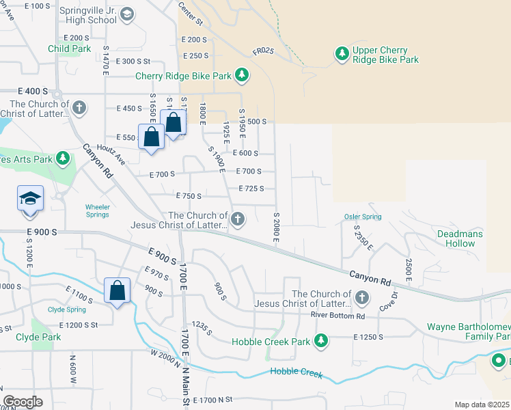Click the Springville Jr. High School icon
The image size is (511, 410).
(126, 14)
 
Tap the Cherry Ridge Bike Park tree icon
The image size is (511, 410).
(241, 74)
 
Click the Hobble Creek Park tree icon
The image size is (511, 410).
(320, 340)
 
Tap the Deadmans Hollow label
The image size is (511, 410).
(460, 238)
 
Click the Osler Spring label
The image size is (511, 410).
(362, 217)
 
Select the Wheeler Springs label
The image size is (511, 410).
(97, 210)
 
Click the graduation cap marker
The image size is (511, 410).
(30, 199)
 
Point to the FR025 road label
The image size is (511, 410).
(264, 51)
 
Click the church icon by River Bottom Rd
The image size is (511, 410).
(361, 297)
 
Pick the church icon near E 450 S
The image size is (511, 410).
(79, 107)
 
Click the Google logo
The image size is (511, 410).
(23, 401)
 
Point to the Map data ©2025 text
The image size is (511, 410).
(481, 405)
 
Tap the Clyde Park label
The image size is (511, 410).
(38, 338)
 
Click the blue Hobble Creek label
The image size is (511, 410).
(295, 371)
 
